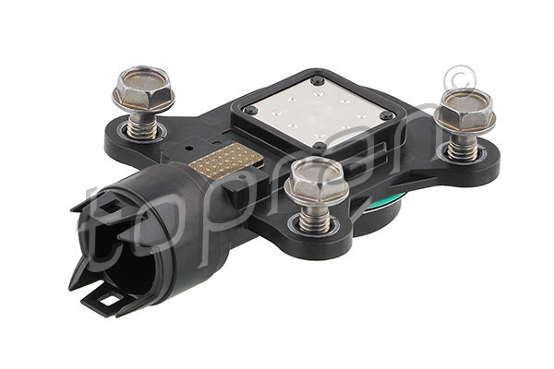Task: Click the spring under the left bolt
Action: tap(142, 125)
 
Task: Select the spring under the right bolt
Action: tap(462, 146)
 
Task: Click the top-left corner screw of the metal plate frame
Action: tap(250, 110)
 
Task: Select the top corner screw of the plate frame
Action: tap(319, 81)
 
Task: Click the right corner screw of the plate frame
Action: tap(386, 115)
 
